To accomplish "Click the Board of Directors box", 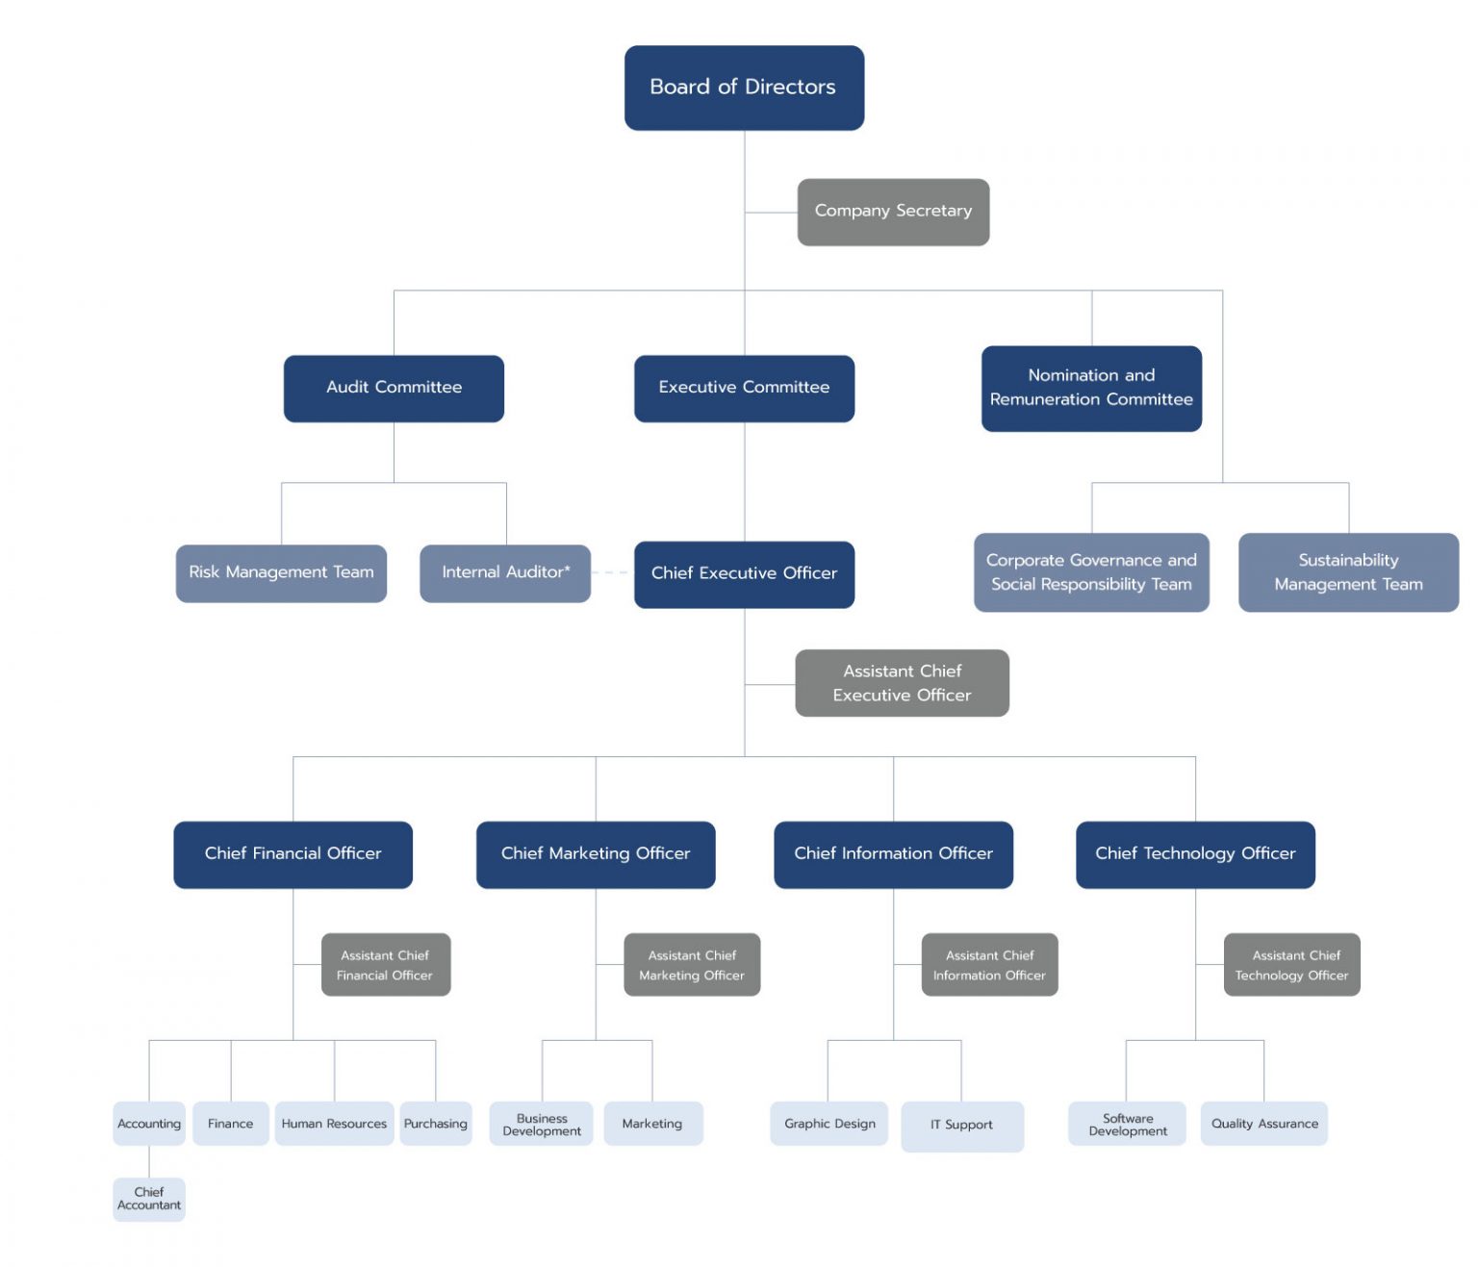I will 744,88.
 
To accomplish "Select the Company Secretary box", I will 893,212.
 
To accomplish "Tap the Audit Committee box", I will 394,388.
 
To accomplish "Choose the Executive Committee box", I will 744,388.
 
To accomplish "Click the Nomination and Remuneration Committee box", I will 1091,388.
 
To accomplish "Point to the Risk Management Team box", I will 281,573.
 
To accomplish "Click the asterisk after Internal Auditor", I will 568,569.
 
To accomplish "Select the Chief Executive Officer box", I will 744,573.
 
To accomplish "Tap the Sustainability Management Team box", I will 1348,572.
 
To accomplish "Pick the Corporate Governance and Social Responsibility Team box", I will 1091,572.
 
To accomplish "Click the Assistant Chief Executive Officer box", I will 902,683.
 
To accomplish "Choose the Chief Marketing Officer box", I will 596,854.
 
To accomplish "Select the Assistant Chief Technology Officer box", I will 1291,964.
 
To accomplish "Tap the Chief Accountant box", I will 149,1199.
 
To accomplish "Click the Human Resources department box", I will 334,1124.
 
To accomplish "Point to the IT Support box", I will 961,1126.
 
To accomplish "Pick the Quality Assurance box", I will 1263,1124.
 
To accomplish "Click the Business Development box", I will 542,1124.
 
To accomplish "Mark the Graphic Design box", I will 828,1124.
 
